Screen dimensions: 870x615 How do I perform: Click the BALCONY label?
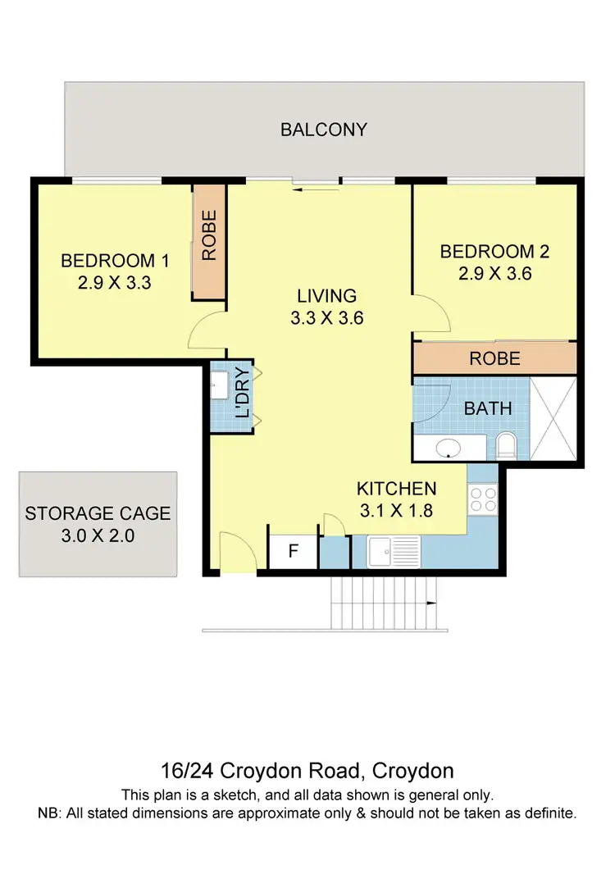[x=324, y=130]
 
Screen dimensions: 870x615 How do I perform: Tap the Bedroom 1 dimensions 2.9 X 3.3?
[x=116, y=284]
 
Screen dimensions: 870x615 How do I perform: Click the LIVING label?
[x=326, y=296]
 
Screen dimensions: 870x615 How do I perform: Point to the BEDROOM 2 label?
[x=494, y=252]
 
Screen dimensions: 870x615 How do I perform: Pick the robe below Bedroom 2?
[x=494, y=358]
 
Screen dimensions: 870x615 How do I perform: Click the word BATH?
[x=488, y=408]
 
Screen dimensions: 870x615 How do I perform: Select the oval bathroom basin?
[x=448, y=449]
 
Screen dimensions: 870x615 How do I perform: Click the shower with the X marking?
[x=553, y=418]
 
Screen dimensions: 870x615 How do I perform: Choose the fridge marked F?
[x=293, y=552]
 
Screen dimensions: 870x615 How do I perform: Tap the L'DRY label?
[x=242, y=399]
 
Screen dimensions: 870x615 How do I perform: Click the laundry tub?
[x=220, y=385]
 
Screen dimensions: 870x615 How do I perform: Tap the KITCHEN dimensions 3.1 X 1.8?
[x=396, y=509]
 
